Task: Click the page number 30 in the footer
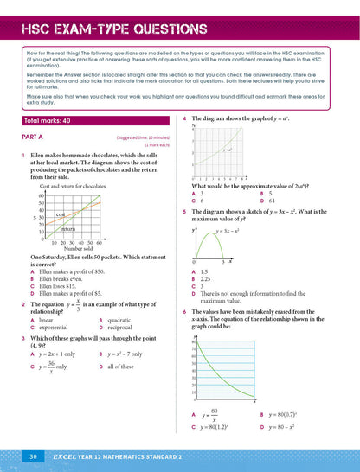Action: click(31, 455)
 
